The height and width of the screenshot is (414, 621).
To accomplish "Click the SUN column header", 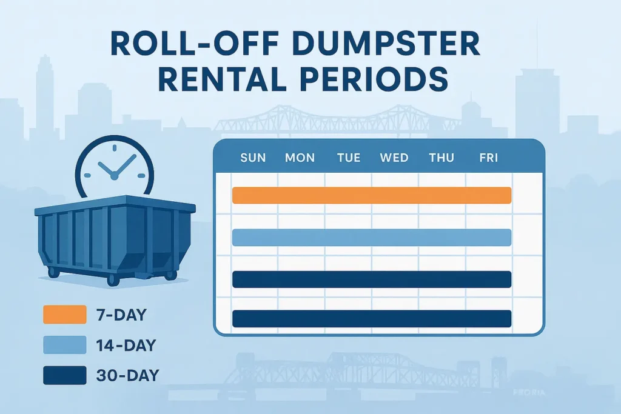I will [x=253, y=158].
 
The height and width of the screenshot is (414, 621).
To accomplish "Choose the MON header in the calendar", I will [x=300, y=158].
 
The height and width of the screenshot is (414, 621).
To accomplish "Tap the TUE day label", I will [x=349, y=158].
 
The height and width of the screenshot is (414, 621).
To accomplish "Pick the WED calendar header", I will [x=394, y=158].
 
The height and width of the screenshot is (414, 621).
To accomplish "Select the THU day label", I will [x=441, y=158].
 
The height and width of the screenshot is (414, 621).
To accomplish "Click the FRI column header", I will [x=488, y=158].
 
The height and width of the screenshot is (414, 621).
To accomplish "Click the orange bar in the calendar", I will [x=372, y=195].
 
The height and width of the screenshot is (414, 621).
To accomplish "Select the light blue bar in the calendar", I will [x=372, y=238].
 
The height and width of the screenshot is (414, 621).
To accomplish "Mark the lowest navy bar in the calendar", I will [x=372, y=319].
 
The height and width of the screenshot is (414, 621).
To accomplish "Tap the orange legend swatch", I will [x=65, y=315].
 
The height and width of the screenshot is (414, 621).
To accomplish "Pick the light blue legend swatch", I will [x=65, y=345].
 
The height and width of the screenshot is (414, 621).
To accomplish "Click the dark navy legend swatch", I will [x=65, y=375].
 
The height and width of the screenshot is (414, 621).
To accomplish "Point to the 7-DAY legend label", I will [x=122, y=315].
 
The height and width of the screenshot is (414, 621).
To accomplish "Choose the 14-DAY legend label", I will [x=126, y=345].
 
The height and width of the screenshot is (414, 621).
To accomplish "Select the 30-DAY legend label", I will [x=127, y=375].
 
